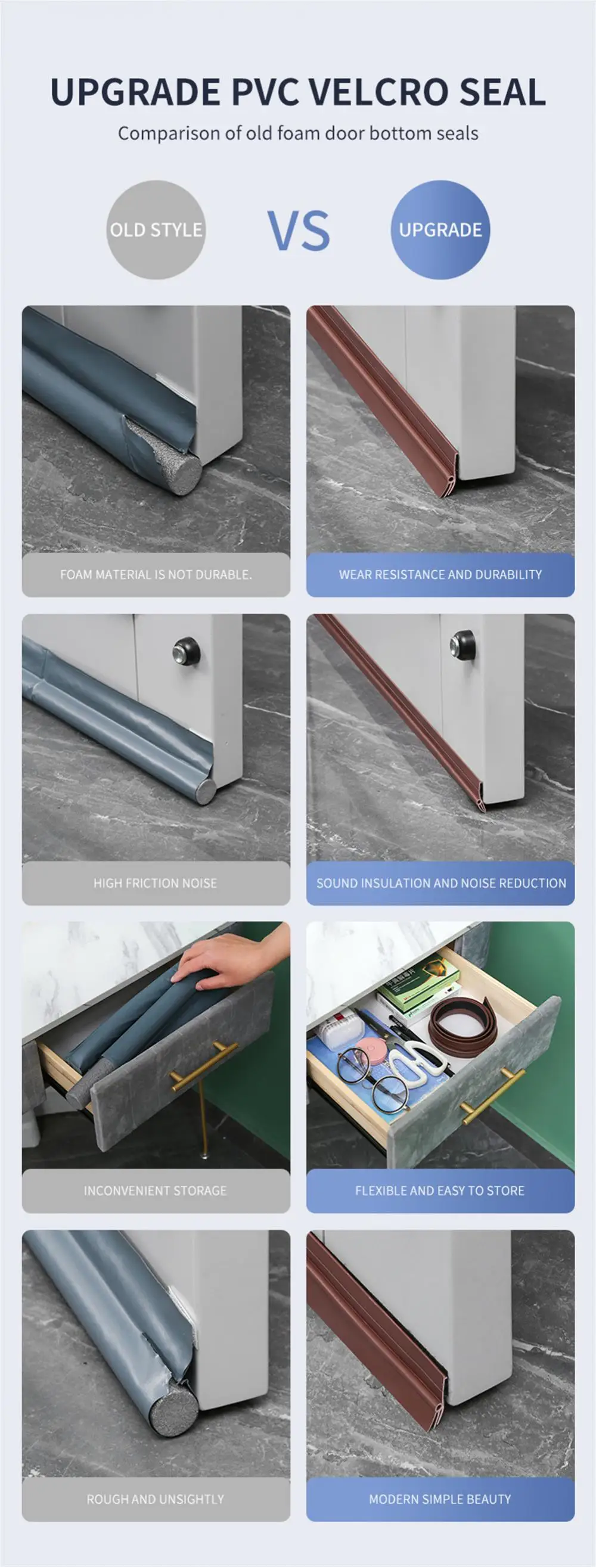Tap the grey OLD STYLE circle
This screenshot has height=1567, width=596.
point(156,230)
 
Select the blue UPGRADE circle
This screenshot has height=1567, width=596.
point(440,230)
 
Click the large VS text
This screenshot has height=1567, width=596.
point(299,231)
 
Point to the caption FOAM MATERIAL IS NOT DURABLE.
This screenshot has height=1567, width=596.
point(156,574)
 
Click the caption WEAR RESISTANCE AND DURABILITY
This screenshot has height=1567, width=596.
point(440,574)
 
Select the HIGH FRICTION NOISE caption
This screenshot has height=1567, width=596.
point(156,882)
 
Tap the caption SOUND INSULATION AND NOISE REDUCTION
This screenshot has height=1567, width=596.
point(440,882)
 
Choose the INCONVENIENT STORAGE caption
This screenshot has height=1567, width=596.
point(156,1190)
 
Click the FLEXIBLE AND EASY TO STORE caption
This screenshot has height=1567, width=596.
point(440,1190)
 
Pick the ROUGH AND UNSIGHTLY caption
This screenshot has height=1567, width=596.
point(156,1499)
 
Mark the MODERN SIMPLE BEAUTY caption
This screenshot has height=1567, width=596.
point(440,1499)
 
